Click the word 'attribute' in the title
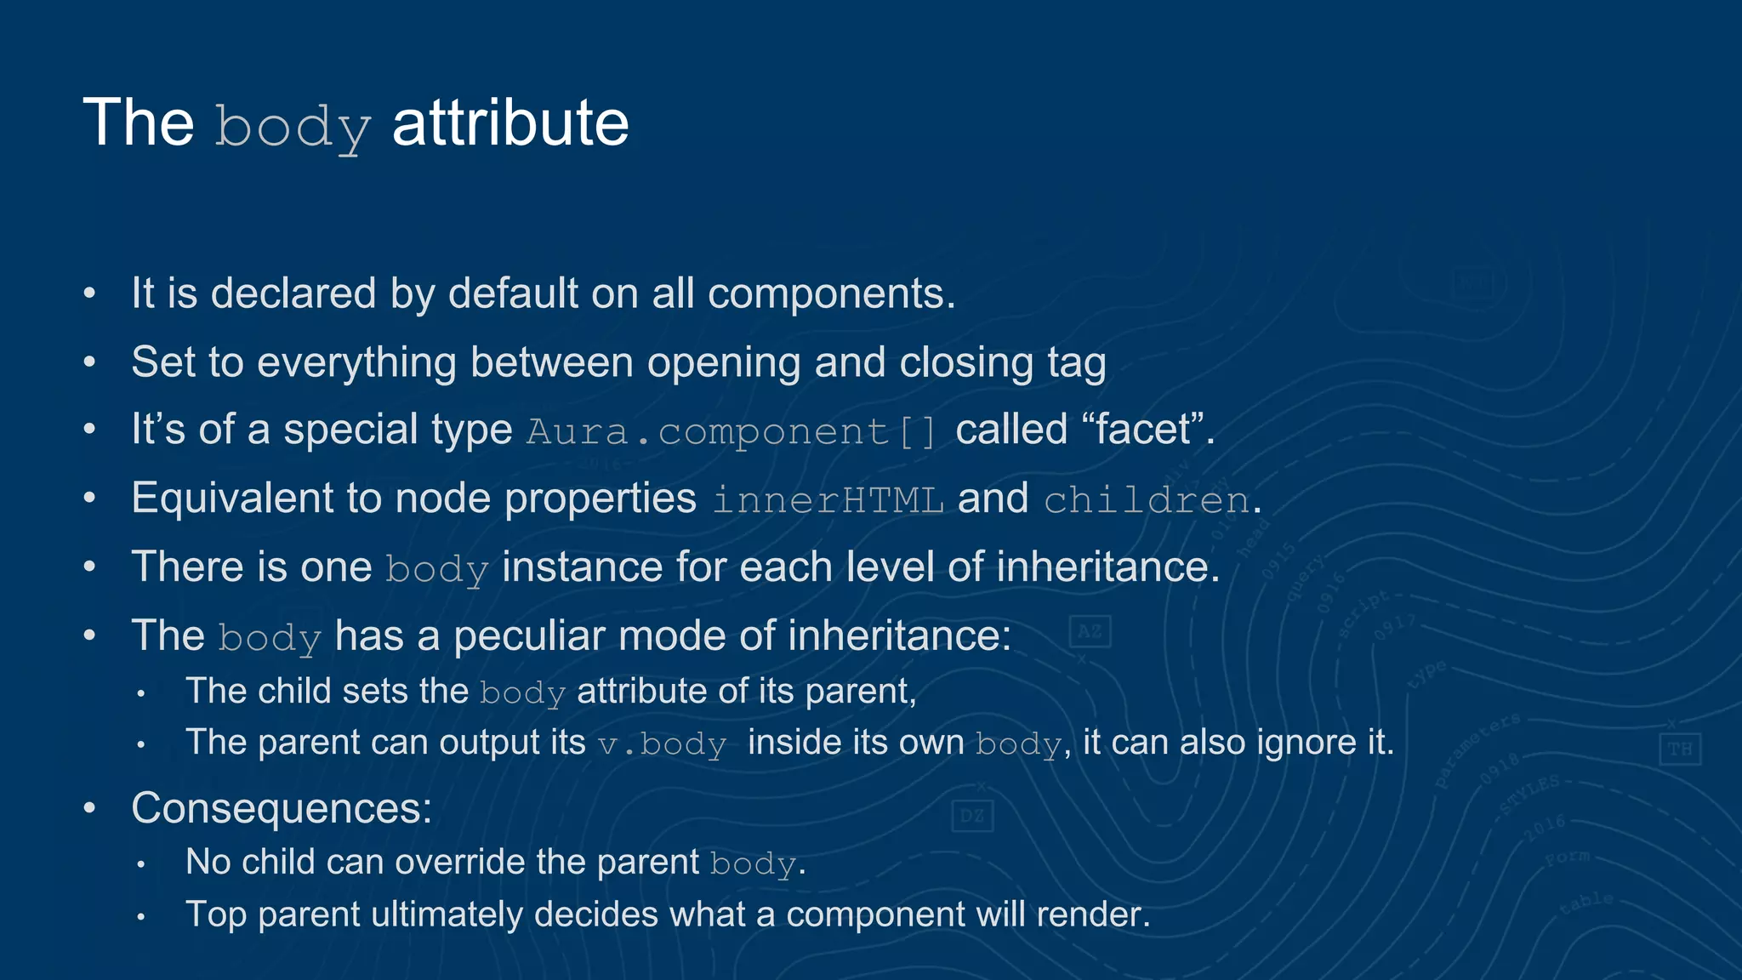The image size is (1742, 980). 510,123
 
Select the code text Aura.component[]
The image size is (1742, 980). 732,430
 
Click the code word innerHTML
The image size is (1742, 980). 828,499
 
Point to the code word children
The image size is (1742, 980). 1147,499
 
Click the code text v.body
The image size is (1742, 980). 662,744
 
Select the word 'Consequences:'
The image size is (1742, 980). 282,808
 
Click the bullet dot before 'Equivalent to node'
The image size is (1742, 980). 90,499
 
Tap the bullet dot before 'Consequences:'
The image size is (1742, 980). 90,808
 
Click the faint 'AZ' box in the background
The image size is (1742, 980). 1090,632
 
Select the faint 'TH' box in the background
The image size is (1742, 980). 1680,749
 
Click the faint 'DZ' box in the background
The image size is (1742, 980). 972,817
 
